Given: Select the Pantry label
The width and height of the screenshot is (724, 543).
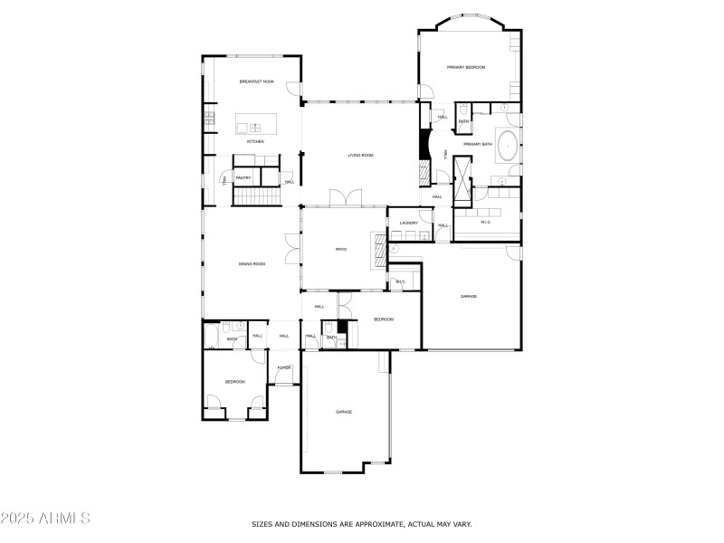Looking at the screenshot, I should (243, 178).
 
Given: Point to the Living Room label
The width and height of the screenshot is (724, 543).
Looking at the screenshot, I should (360, 155).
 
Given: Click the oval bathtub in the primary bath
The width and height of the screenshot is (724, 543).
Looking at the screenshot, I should (508, 145).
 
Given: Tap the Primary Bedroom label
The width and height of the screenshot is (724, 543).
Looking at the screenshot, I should (466, 68).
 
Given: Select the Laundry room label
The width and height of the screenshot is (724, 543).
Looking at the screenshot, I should (408, 223).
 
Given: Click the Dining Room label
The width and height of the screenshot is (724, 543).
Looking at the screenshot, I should (252, 263).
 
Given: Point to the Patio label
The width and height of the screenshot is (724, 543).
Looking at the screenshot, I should (341, 250).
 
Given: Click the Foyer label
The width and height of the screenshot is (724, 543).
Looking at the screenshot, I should (284, 367).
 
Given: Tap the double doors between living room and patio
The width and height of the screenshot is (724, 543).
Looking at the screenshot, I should (345, 197).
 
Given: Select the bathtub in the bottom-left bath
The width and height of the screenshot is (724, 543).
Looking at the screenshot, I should (212, 338).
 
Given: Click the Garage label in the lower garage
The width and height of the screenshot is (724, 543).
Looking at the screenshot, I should (344, 412).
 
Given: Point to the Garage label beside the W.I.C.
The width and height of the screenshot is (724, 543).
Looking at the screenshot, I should (468, 296).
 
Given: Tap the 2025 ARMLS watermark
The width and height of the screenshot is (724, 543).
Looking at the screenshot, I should (45, 519).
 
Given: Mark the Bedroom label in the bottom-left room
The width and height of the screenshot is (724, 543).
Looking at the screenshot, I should (234, 382).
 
